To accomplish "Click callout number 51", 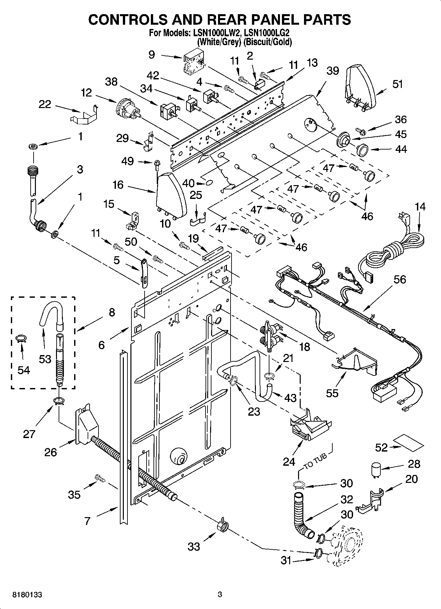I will pos(398,84).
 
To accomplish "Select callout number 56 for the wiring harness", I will pos(400,279).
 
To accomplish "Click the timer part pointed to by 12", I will pos(127,109).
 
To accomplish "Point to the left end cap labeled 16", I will pos(171,196).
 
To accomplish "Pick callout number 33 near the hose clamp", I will pos(194,546).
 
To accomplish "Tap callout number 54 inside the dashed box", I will pos(24,370).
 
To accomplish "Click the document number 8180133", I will pos(27,595).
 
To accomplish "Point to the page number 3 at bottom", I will pos(220,595).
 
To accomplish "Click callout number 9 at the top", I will pos(152,54).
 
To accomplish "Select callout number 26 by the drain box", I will pos(51,452).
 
